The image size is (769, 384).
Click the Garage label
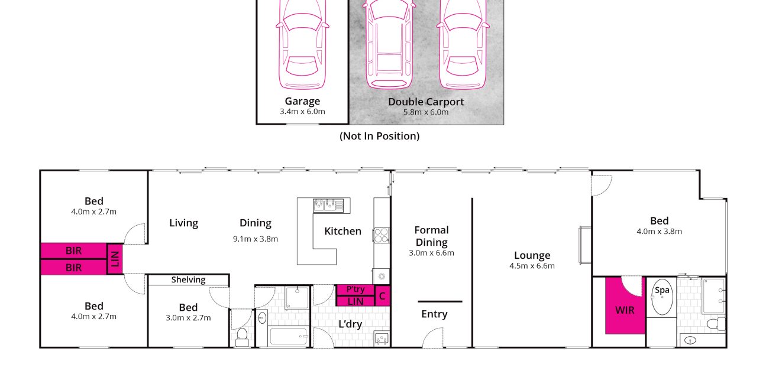click(302, 101)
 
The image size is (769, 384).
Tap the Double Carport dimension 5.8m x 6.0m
click(426, 112)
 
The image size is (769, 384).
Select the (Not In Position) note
click(379, 136)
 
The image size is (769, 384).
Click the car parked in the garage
click(302, 44)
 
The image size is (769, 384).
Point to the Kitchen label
click(343, 231)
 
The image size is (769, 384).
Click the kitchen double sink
click(328, 206)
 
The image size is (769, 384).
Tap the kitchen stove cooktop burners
click(382, 235)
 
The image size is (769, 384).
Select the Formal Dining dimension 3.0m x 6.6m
click(431, 253)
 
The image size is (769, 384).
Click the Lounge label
click(532, 255)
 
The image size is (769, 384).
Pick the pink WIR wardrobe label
click(625, 310)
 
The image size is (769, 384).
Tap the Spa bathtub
click(662, 297)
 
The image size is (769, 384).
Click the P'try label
click(356, 289)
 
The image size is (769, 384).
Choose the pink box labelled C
click(382, 296)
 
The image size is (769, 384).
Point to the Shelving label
click(188, 280)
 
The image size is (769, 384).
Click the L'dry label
click(350, 324)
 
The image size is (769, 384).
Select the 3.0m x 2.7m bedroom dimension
click(188, 318)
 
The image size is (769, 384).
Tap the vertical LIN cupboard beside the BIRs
click(115, 259)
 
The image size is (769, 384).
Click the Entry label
click(434, 314)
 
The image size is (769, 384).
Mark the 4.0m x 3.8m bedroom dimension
click(659, 232)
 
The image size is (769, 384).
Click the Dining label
click(255, 223)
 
